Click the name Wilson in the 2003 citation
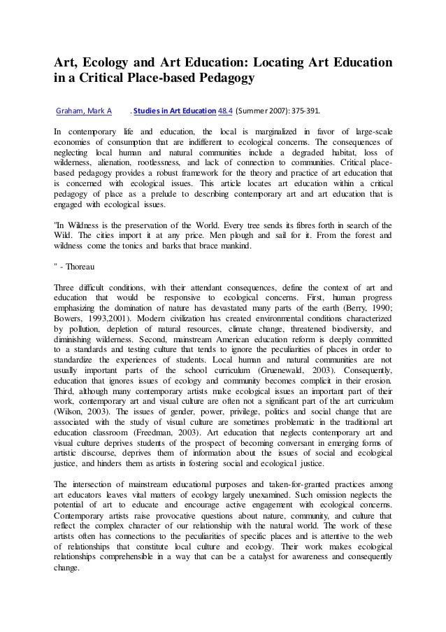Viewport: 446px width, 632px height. [70, 411]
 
